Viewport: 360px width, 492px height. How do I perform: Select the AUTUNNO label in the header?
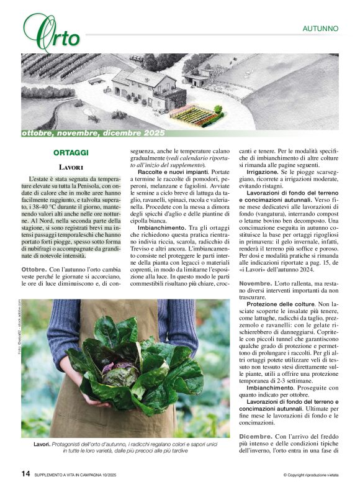coord(320,29)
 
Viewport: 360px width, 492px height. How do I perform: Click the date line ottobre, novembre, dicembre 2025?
coord(93,133)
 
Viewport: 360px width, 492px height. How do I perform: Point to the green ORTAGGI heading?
coord(71,153)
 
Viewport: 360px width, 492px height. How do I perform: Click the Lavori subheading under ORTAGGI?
coord(71,167)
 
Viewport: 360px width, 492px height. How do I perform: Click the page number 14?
coord(25,474)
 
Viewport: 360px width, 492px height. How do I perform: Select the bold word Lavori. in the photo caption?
coord(42,445)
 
